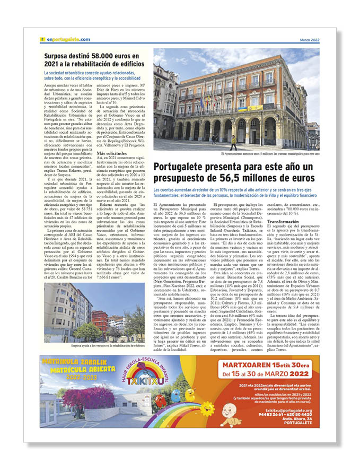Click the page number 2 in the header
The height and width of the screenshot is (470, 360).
point(42,39)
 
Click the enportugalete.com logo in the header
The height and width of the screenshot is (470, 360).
point(68,39)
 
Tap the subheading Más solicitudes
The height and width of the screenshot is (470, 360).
point(112,153)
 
